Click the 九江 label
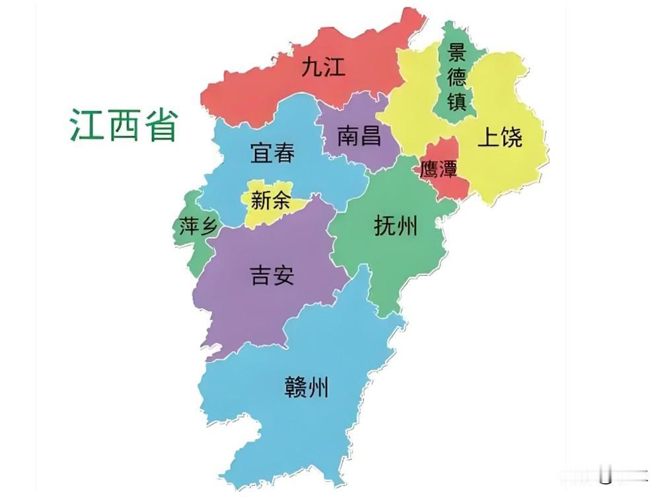tap(323, 67)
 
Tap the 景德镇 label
tap(457, 77)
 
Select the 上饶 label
tap(499, 137)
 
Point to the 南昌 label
tap(359, 136)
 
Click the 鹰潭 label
tap(439, 169)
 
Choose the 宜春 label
tap(272, 153)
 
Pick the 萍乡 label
tap(198, 227)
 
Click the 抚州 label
tap(396, 227)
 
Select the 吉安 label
tap(272, 274)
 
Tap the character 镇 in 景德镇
tap(457, 102)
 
